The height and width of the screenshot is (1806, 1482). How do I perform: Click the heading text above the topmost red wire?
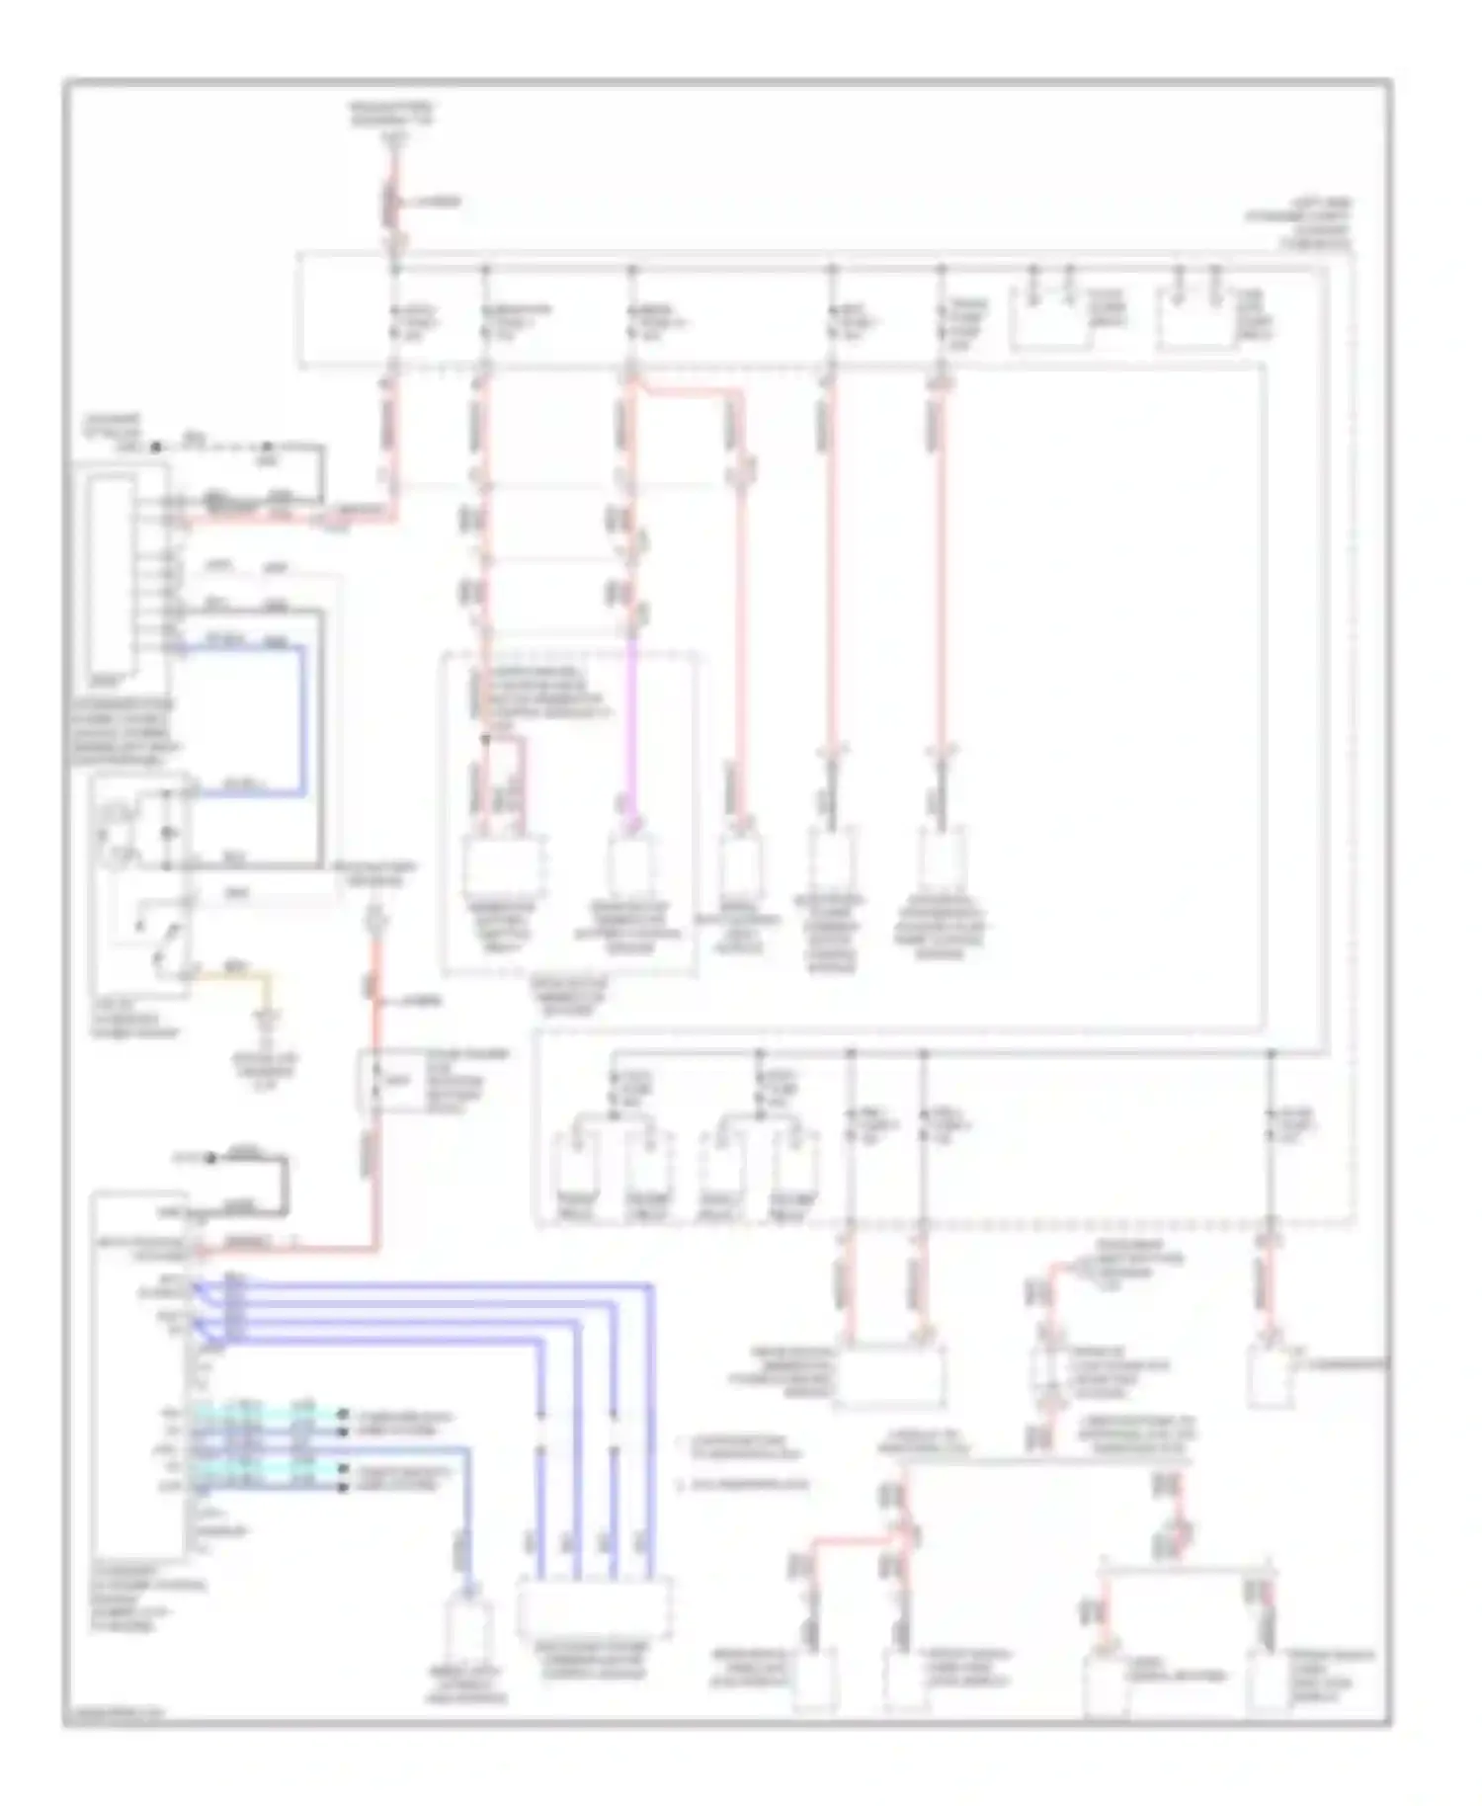click(x=393, y=117)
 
